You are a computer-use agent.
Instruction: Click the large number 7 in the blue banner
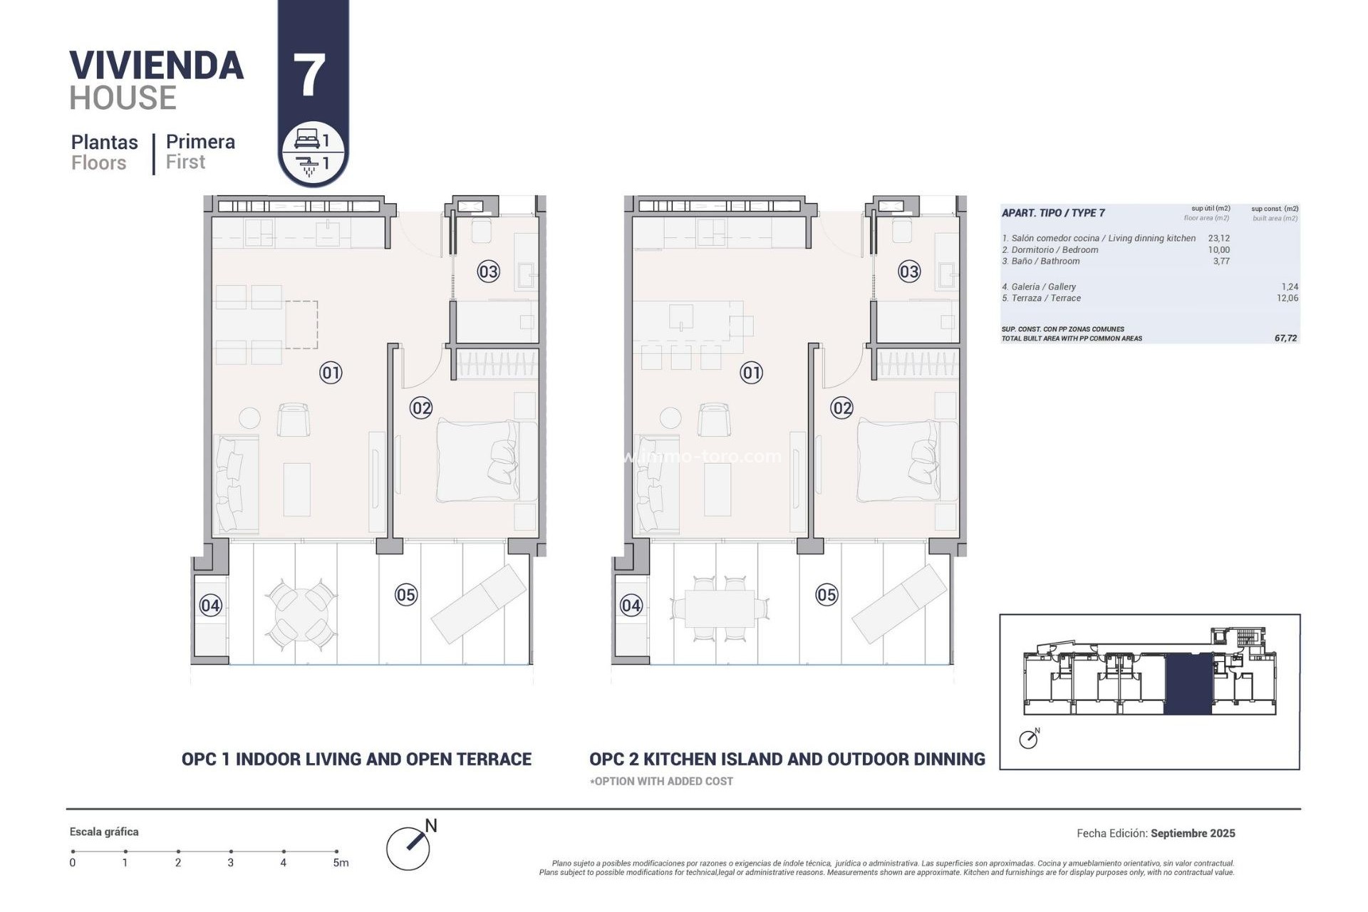point(309,76)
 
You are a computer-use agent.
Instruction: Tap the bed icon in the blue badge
point(306,138)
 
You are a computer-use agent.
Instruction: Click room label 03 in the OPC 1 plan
point(488,271)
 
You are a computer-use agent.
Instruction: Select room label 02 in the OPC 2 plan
point(841,408)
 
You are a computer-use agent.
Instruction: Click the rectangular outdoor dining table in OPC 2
point(718,608)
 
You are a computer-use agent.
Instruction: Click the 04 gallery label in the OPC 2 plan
point(631,606)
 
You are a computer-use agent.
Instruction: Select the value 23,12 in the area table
point(1218,239)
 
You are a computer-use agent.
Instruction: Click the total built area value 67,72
point(1285,338)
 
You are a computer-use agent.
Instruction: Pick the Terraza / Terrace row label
point(1041,299)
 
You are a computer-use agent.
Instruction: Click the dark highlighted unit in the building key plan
point(1188,684)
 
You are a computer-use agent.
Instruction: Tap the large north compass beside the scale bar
point(409,848)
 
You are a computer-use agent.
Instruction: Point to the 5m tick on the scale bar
point(336,851)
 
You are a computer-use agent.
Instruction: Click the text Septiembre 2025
point(1193,833)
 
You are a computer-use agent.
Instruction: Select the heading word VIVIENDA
point(157,66)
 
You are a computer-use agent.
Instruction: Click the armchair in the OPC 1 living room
point(293,420)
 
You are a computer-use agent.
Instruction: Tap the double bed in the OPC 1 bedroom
point(477,461)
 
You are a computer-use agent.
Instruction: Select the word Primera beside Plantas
point(200,142)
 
